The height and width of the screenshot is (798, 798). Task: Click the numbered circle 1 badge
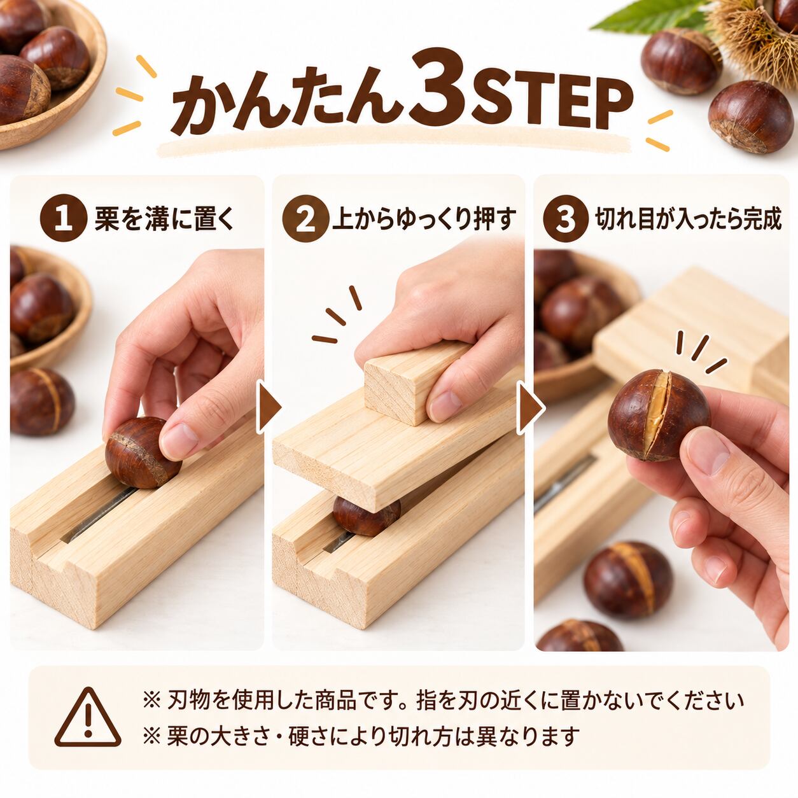coord(64,218)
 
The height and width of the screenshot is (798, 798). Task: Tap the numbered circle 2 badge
coord(306,218)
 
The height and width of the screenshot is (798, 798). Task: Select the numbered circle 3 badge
coord(566,218)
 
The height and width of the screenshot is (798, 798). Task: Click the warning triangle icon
coord(88,711)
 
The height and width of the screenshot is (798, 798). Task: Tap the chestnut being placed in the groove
coord(143,452)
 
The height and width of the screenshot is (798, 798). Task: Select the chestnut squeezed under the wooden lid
coord(367,515)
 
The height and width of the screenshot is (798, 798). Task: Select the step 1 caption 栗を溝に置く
coord(164,219)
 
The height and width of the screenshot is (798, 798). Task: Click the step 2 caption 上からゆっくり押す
coord(424,219)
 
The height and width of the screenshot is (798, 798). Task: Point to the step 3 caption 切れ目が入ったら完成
coord(689,219)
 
